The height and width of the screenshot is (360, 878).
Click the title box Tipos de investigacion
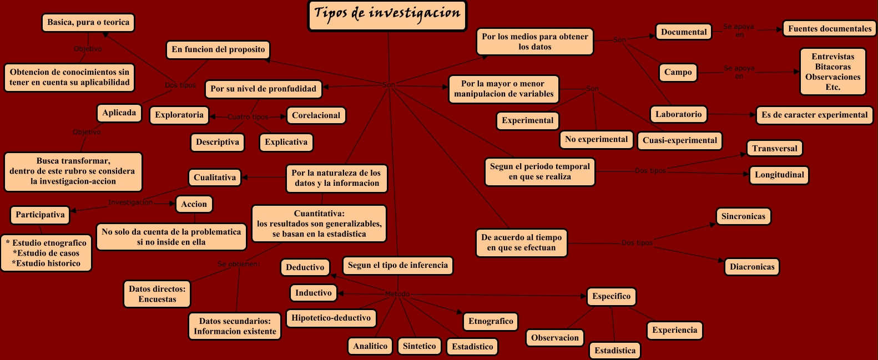387,15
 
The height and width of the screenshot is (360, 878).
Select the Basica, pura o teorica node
88,23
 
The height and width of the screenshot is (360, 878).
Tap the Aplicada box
119,113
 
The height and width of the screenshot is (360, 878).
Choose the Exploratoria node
179,115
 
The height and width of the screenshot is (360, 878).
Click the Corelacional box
316,115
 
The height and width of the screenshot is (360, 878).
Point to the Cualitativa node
215,178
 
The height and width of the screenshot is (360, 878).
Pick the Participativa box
40,215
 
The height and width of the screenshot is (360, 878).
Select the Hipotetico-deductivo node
331,318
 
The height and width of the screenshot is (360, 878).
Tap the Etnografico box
491,321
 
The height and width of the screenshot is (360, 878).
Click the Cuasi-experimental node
680,140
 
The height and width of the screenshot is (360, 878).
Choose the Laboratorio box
678,114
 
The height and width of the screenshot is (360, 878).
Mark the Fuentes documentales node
830,29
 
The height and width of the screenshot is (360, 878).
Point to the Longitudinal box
779,175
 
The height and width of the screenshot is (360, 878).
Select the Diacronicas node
752,267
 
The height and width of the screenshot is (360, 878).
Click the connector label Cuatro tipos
248,117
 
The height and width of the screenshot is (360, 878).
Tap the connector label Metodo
397,294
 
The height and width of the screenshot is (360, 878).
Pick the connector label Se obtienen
238,264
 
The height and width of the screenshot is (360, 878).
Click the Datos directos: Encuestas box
157,294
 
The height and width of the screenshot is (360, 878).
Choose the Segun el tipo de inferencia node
397,265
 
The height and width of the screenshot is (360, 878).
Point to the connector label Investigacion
130,202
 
